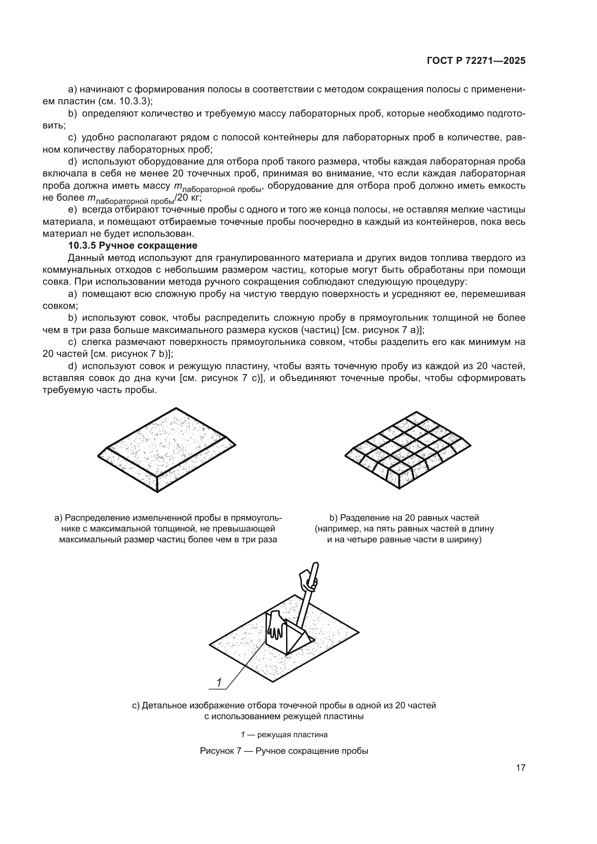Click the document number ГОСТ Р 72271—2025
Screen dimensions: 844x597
coord(476,61)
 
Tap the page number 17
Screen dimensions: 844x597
coord(520,768)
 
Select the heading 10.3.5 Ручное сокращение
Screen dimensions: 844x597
coord(133,246)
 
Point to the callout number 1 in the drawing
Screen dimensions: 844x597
coord(219,683)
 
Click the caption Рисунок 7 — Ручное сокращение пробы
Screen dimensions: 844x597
coord(284,751)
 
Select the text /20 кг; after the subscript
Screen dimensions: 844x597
coord(188,198)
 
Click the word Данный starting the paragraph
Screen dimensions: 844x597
coord(86,258)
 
